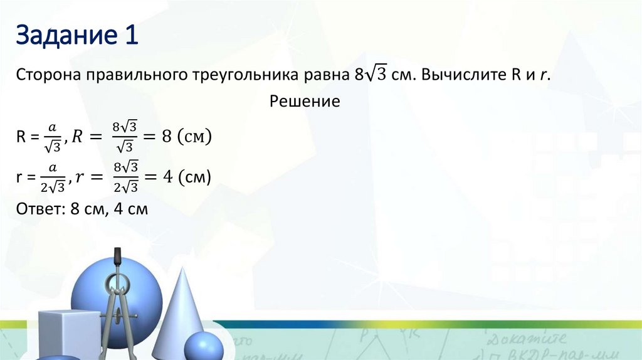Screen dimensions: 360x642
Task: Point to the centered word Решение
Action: tap(305, 101)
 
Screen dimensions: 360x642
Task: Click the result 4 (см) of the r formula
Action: tap(186, 178)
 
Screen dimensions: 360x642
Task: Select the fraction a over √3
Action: tap(53, 137)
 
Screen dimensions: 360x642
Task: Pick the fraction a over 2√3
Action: tap(53, 178)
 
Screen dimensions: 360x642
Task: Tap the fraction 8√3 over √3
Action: tap(123, 137)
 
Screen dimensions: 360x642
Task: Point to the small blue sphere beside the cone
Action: tap(203, 347)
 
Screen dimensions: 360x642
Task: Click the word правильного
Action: tap(138, 75)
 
